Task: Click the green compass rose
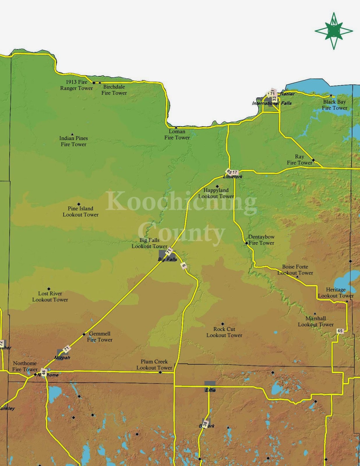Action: click(x=334, y=31)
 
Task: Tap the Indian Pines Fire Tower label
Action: click(x=73, y=141)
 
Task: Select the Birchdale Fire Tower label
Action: click(x=114, y=90)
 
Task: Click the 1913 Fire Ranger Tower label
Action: click(x=76, y=85)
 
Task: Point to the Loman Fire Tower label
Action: click(x=177, y=135)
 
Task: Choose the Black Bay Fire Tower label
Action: click(x=334, y=105)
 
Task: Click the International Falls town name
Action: click(x=271, y=103)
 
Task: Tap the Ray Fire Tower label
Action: click(x=299, y=160)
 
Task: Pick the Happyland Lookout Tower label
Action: click(x=216, y=193)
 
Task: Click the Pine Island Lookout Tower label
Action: click(x=80, y=212)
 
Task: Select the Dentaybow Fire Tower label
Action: click(x=261, y=240)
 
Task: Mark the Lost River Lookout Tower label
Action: click(x=50, y=296)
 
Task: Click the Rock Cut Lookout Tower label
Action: click(x=224, y=332)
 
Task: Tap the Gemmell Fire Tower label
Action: click(x=100, y=337)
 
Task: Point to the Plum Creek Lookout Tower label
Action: click(x=154, y=365)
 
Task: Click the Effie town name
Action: click(x=210, y=390)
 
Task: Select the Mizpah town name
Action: click(x=62, y=358)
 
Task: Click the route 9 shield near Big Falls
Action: click(x=183, y=266)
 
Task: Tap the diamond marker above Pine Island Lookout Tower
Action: click(x=79, y=204)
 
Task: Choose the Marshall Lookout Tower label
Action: click(x=316, y=322)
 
